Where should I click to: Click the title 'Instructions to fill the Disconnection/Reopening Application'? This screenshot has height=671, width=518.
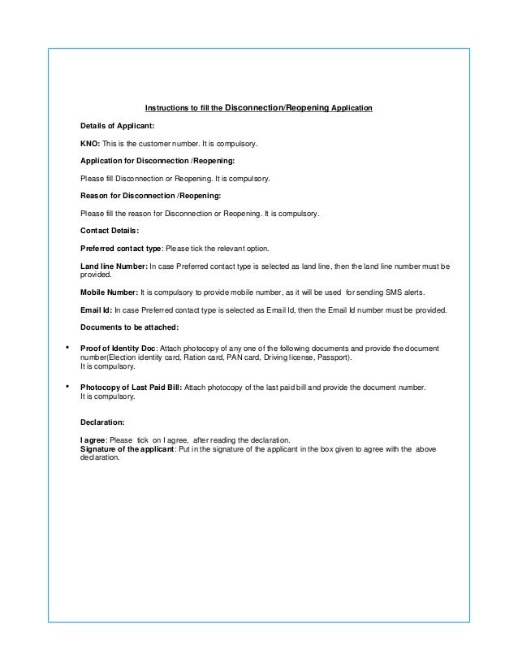click(258, 108)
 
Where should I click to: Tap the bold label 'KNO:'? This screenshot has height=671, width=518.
click(90, 144)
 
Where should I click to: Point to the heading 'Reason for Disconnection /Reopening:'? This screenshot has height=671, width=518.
click(149, 196)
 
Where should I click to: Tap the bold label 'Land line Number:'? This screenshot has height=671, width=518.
click(114, 266)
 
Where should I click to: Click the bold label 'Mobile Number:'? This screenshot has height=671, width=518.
click(109, 292)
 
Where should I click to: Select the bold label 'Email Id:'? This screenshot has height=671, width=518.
click(97, 310)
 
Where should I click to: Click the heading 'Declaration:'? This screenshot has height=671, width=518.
click(102, 422)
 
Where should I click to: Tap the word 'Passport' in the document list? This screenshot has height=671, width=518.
click(335, 358)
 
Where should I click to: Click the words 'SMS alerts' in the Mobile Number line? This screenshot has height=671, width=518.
click(405, 292)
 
